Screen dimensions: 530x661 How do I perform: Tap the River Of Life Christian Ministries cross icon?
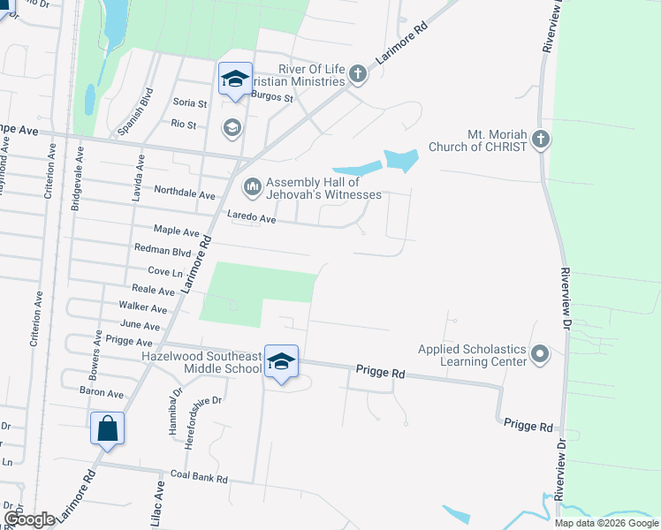pos(358,73)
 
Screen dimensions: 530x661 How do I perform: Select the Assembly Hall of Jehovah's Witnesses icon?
pos(252,186)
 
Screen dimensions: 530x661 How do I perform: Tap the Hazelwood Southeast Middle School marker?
pos(281,362)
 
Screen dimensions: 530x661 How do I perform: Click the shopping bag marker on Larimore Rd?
pos(107,429)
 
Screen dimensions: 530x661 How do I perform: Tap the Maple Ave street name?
pos(176,231)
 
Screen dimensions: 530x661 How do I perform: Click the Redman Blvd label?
pos(156,250)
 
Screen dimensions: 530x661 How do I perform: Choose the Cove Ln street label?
pos(164,271)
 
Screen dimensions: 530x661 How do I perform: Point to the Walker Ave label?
pos(142,308)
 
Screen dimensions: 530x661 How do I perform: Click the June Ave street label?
pos(140,324)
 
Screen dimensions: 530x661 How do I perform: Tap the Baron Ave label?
pos(102,391)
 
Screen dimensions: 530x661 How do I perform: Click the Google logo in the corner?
pos(29,519)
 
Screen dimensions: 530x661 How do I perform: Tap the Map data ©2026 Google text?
pos(606,523)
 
